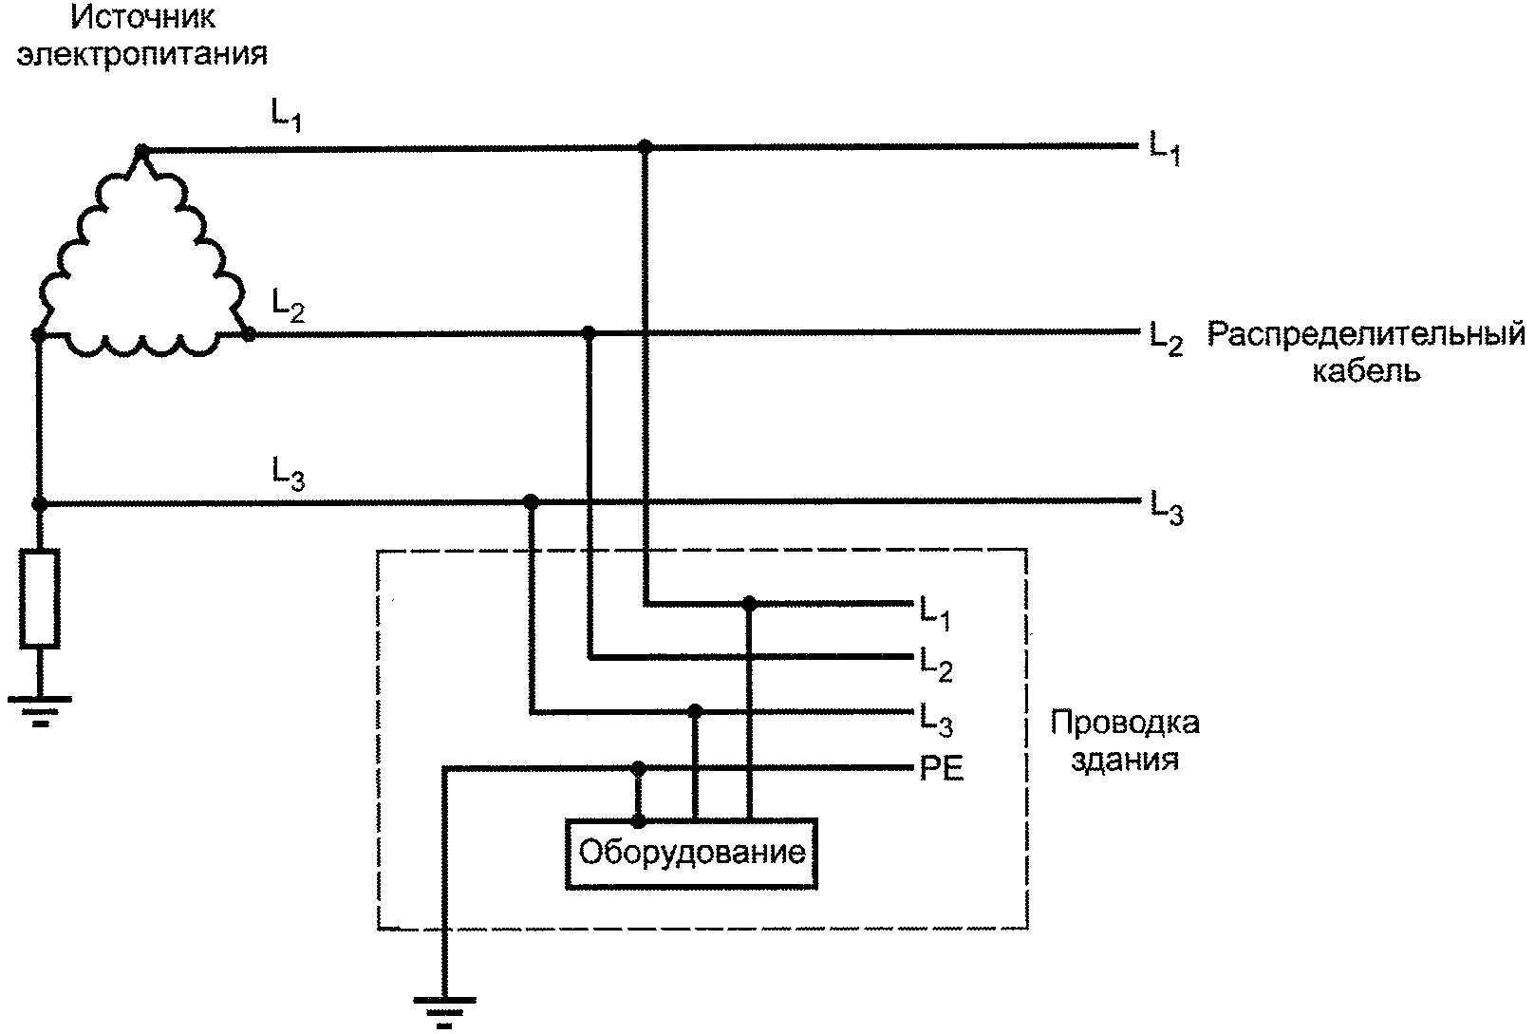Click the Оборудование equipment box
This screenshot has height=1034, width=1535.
(x=691, y=854)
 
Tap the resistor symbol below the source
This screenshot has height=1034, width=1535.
(x=40, y=598)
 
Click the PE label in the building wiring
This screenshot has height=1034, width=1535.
(x=942, y=769)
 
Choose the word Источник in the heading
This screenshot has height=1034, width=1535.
(x=142, y=18)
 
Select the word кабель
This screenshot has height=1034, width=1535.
(x=1366, y=370)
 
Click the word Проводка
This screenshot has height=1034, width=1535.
(x=1125, y=724)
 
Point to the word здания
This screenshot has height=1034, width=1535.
(x=1125, y=760)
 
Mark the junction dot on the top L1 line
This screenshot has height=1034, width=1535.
(x=645, y=146)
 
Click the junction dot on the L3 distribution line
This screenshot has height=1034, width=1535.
(x=531, y=502)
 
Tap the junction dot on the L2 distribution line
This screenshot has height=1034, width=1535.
(x=588, y=333)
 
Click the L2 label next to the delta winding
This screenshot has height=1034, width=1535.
(x=288, y=306)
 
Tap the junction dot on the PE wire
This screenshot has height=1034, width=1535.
(x=638, y=768)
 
